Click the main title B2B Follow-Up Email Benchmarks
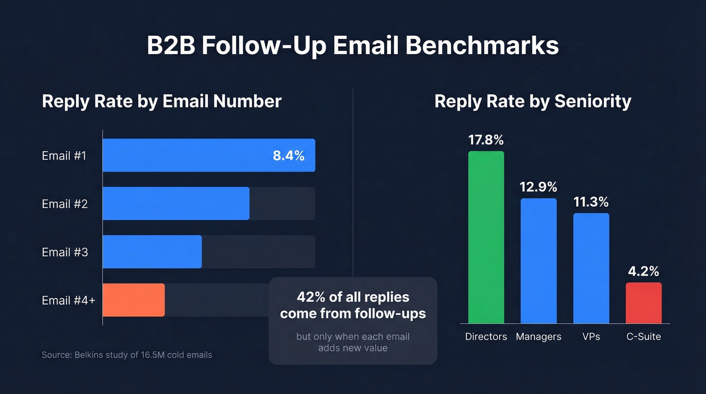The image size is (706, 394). (x=352, y=46)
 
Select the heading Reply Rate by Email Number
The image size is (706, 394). (x=161, y=101)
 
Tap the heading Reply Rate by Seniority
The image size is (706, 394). (x=533, y=101)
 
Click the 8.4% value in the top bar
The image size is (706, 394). (x=288, y=156)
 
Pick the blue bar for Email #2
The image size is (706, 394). (x=176, y=203)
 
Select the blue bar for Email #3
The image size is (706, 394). (x=152, y=252)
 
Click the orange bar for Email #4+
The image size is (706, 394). (x=134, y=300)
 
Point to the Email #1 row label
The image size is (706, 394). (x=64, y=156)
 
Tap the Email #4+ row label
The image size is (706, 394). (x=69, y=300)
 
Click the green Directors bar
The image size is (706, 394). (x=486, y=237)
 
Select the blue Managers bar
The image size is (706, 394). (x=539, y=261)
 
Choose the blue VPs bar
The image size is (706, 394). (x=591, y=268)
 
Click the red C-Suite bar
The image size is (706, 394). (x=643, y=303)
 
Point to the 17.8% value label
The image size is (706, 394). (x=486, y=140)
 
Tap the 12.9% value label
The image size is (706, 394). (x=539, y=187)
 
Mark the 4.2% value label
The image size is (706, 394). (x=643, y=271)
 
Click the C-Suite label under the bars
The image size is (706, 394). (x=643, y=336)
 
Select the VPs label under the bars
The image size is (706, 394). (x=591, y=336)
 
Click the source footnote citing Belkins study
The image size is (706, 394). (x=127, y=355)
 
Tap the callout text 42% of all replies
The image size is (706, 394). (x=352, y=297)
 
